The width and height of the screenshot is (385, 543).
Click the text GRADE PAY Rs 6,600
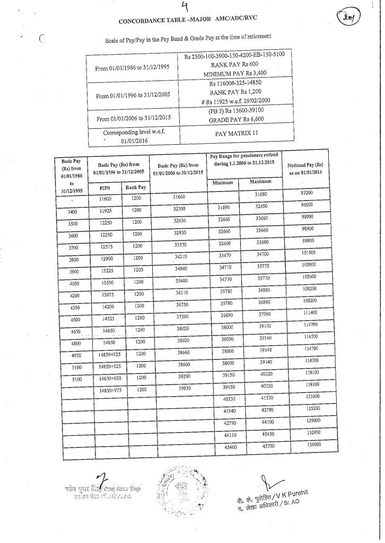pyautogui.click(x=236, y=119)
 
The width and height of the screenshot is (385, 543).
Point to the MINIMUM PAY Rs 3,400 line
pyautogui.click(x=234, y=73)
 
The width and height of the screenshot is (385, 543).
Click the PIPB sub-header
pyautogui.click(x=104, y=187)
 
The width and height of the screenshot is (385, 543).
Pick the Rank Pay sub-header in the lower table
pyautogui.click(x=135, y=187)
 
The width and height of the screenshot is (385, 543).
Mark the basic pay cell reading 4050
pyautogui.click(x=74, y=284)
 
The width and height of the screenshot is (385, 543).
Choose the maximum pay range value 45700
pyautogui.click(x=267, y=446)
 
